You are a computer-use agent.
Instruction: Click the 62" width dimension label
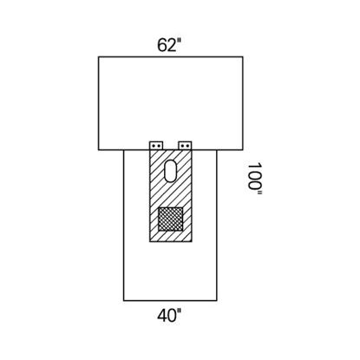tap(171, 45)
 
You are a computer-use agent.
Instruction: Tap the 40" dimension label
tap(171, 316)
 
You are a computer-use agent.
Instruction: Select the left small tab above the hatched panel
tap(156, 143)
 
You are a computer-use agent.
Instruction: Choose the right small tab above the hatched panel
tap(185, 143)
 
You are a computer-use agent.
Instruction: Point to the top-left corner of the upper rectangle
tap(99, 57)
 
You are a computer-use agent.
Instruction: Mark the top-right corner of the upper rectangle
tap(243, 57)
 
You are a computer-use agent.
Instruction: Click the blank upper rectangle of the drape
tap(171, 97)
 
